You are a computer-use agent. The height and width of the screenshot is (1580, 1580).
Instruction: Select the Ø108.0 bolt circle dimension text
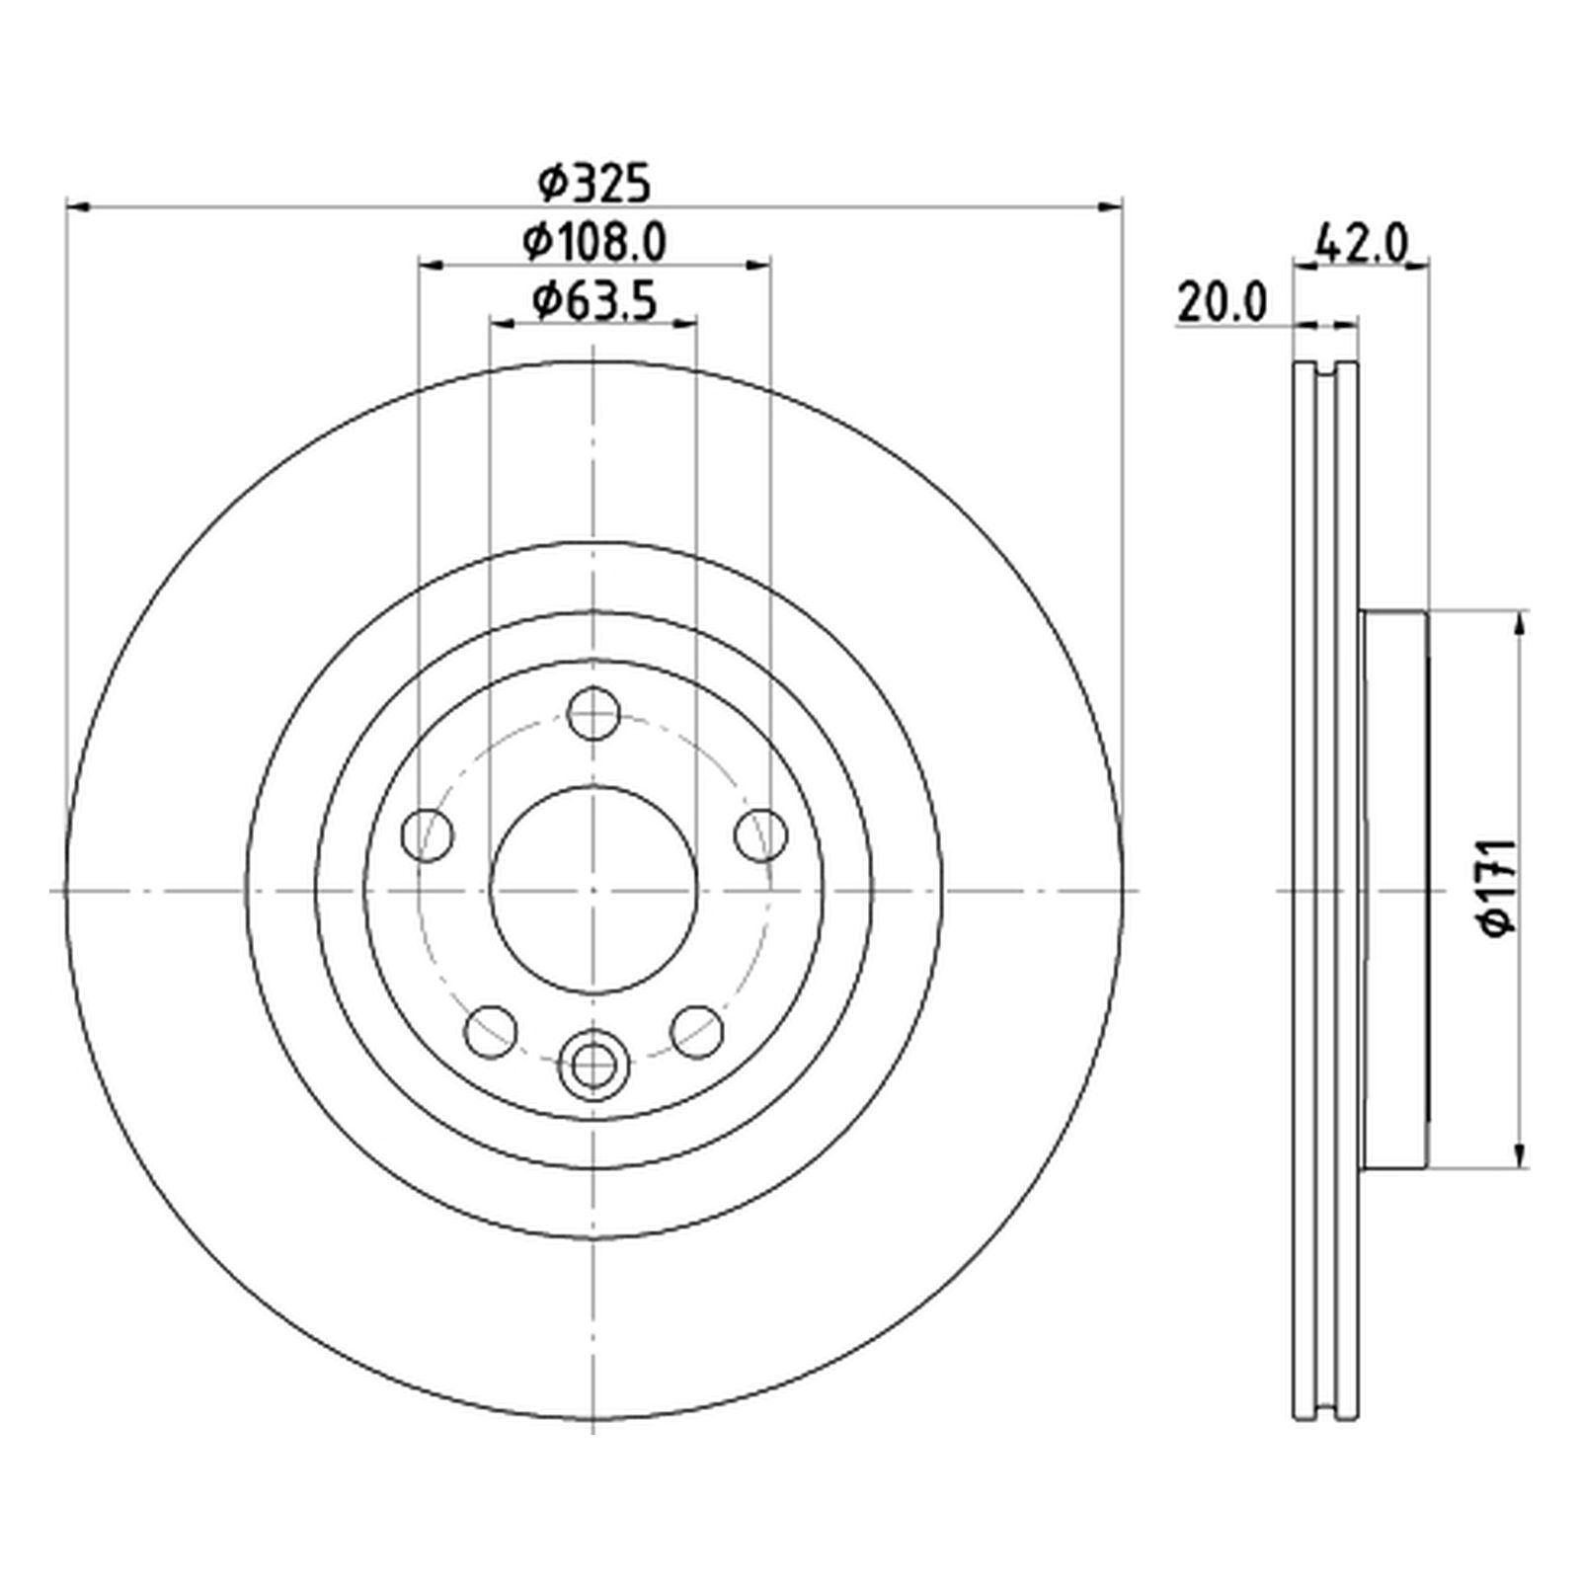[x=594, y=242]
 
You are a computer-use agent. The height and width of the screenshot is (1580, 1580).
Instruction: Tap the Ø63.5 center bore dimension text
[x=594, y=300]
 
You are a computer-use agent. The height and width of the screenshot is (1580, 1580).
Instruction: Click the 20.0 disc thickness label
[x=1222, y=303]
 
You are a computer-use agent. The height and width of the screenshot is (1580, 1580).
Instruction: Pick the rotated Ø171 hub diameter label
[x=1499, y=887]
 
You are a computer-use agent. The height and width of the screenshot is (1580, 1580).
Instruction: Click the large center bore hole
[x=593, y=891]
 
